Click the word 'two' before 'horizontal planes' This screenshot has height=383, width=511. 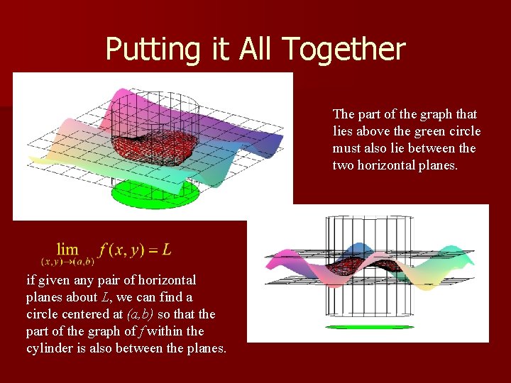tap(344, 165)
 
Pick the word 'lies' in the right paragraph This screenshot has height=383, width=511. tap(344, 131)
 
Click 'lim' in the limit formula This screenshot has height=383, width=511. tap(67, 249)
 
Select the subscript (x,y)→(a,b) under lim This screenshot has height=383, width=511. tap(68, 262)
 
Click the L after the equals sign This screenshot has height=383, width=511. tap(167, 250)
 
